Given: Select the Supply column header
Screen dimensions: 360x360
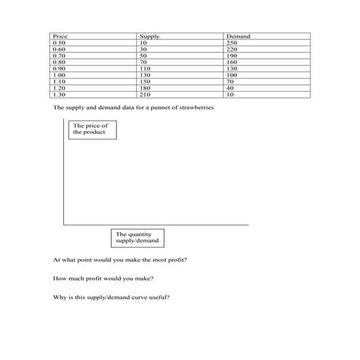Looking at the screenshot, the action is pyautogui.click(x=149, y=36).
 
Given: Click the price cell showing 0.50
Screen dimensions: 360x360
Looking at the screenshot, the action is pyautogui.click(x=59, y=42).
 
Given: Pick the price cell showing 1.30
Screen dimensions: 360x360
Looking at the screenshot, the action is pyautogui.click(x=59, y=94).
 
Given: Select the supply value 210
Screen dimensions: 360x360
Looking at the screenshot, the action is pyautogui.click(x=145, y=94).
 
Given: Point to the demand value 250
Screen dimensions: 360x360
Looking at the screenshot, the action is pyautogui.click(x=232, y=42).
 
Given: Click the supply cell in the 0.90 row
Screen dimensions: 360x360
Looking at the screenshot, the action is pyautogui.click(x=145, y=68).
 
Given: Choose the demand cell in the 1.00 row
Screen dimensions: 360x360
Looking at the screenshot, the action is pyautogui.click(x=232, y=75).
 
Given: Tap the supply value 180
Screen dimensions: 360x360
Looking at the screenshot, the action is pyautogui.click(x=145, y=87).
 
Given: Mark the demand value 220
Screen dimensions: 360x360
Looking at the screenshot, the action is pyautogui.click(x=232, y=49).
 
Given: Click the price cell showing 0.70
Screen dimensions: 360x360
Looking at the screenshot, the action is pyautogui.click(x=59, y=55).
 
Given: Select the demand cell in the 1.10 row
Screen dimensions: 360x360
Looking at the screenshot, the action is pyautogui.click(x=231, y=81).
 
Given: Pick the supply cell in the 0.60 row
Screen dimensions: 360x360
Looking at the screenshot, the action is pyautogui.click(x=143, y=49).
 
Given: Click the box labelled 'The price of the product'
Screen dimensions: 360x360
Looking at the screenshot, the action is pyautogui.click(x=92, y=129).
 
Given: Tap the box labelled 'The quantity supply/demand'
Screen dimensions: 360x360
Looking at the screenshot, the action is pyautogui.click(x=137, y=237).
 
